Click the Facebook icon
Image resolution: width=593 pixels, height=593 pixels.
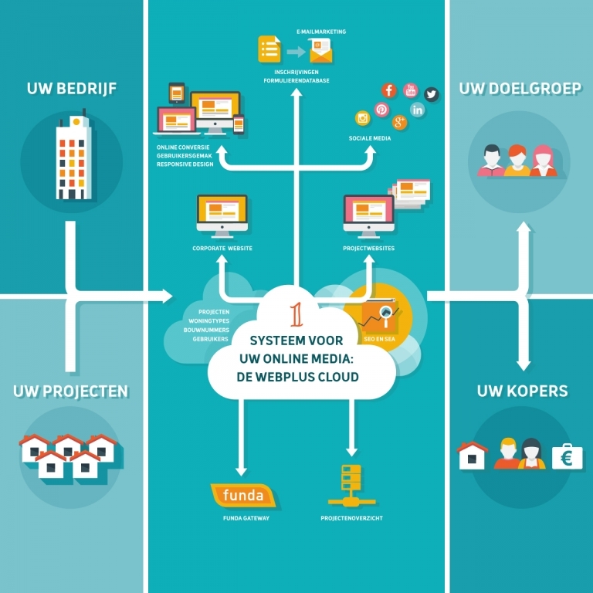point(389,90)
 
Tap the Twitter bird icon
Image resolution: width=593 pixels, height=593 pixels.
point(431,94)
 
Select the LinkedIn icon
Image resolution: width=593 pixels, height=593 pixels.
point(418,110)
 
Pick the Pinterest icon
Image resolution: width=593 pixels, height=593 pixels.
point(381,110)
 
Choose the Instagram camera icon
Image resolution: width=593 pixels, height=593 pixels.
point(362,118)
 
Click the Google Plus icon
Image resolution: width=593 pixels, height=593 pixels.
point(400,122)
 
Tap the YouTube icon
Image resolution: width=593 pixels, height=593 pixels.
point(410,90)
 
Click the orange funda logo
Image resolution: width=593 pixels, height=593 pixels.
point(243,496)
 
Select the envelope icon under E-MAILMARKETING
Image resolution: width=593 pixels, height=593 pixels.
point(320,52)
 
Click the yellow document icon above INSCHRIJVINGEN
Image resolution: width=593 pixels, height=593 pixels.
point(269,49)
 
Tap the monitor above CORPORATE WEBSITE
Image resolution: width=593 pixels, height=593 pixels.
point(222,215)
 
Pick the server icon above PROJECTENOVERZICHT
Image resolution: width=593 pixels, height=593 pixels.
point(351,484)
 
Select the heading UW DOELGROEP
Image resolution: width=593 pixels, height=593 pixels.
point(520,89)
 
